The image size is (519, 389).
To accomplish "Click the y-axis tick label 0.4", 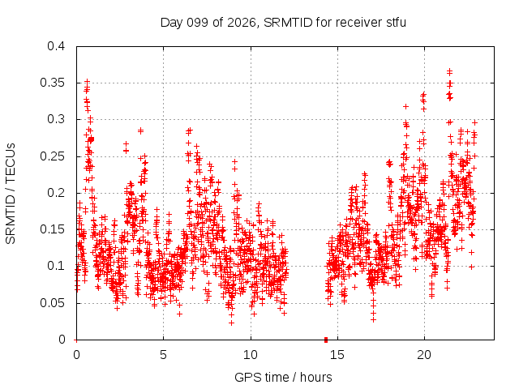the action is tap(56, 46).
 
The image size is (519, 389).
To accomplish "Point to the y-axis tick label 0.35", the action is tap(52, 83).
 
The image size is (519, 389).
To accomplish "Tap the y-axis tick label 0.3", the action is tap(56, 119).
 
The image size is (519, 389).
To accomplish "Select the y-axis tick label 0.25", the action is tap(52, 156).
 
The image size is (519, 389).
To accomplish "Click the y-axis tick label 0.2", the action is tap(56, 193).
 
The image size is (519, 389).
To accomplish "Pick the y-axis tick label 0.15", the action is tap(52, 229).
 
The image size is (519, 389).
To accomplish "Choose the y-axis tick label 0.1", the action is tap(56, 266).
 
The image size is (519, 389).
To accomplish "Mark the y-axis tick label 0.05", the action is tap(52, 303).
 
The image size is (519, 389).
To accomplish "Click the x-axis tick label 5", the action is tap(163, 355).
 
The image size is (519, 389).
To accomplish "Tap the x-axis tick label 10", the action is tap(251, 355).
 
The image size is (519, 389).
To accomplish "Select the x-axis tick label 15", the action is tap(337, 355).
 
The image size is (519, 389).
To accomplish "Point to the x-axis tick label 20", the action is tap(424, 355).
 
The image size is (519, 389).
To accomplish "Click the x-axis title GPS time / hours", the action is tap(283, 377).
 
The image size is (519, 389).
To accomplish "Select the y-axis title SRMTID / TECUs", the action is tap(11, 194).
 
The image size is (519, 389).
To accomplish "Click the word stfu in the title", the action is tap(397, 23).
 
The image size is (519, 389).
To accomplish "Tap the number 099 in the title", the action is tap(197, 23).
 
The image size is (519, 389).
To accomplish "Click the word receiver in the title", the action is tap(359, 23).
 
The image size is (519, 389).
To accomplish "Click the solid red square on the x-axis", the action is tap(326, 340).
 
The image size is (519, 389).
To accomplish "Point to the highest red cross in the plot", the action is tap(449, 71).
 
